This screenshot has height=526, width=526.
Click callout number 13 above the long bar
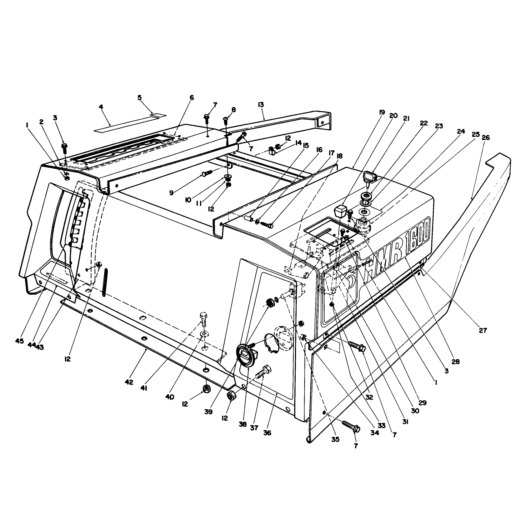point(260,105)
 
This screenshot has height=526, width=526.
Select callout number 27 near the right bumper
point(483,331)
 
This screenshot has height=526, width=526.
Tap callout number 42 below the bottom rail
point(129,382)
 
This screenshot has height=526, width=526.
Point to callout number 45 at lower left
point(19,341)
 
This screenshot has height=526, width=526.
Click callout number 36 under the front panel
point(267,433)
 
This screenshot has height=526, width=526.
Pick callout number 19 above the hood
point(382,112)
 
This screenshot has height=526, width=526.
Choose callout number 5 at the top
point(140,97)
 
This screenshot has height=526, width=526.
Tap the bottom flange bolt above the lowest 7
point(351,426)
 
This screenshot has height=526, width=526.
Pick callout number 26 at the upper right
point(486,137)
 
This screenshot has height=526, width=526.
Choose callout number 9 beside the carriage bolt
point(171,193)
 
